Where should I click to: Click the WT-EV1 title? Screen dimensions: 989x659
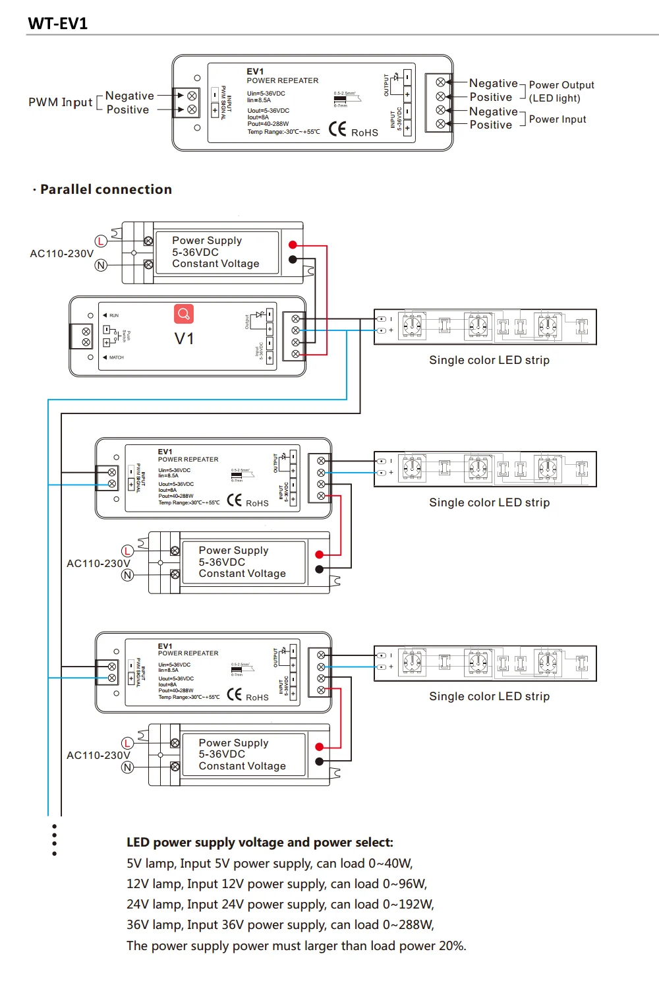coord(58,24)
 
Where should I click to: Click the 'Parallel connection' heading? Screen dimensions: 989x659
coord(105,190)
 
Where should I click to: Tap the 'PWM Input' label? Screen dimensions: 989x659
coord(60,102)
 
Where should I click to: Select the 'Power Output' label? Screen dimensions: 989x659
coord(561,85)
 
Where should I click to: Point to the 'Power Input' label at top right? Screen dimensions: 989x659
coord(558,119)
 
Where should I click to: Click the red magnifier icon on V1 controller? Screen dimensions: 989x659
coord(184,314)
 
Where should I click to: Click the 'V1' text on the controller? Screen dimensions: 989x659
coord(184,339)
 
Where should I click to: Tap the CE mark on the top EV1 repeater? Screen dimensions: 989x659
coord(337,129)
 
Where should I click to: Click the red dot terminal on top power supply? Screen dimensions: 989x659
coord(293,245)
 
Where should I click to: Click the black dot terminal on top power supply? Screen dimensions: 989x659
coord(293,260)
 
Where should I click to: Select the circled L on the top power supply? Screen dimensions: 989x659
coord(101,241)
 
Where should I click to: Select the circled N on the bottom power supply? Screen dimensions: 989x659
coord(128,767)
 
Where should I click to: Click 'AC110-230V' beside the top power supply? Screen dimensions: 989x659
coord(61,254)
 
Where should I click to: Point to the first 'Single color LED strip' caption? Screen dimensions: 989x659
coord(489,361)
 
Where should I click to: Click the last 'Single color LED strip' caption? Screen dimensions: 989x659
coord(489,697)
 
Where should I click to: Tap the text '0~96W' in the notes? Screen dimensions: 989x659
coord(405,884)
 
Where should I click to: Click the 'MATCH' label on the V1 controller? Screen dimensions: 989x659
coord(116,357)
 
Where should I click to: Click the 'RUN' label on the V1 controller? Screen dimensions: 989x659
coord(114,316)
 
